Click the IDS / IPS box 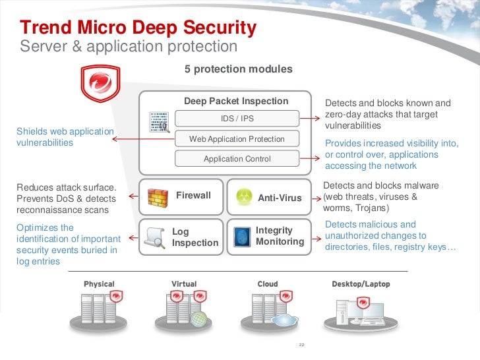237,119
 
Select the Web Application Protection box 237,139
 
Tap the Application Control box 237,159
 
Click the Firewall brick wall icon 157,197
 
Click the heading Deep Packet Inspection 236,101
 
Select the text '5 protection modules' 239,69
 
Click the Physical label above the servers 99,284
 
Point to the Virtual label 184,284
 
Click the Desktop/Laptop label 360,284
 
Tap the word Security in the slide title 220,28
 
